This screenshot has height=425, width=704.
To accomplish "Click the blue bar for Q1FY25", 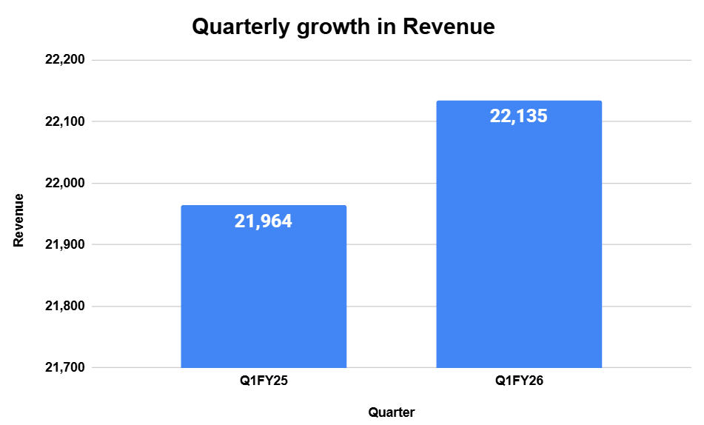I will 264,296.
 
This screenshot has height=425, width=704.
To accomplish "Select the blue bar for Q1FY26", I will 519,244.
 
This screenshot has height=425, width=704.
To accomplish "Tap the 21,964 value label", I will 264,221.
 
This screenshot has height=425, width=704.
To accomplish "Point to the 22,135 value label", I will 519,116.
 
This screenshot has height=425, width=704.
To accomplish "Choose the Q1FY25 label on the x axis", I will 264,382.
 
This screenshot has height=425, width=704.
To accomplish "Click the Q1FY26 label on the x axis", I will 519,382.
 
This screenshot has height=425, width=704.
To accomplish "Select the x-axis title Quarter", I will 392,412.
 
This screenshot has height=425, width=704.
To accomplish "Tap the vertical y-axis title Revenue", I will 19,220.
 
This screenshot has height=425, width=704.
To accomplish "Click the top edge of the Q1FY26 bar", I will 519,101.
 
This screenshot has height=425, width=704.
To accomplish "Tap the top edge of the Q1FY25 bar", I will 264,206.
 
